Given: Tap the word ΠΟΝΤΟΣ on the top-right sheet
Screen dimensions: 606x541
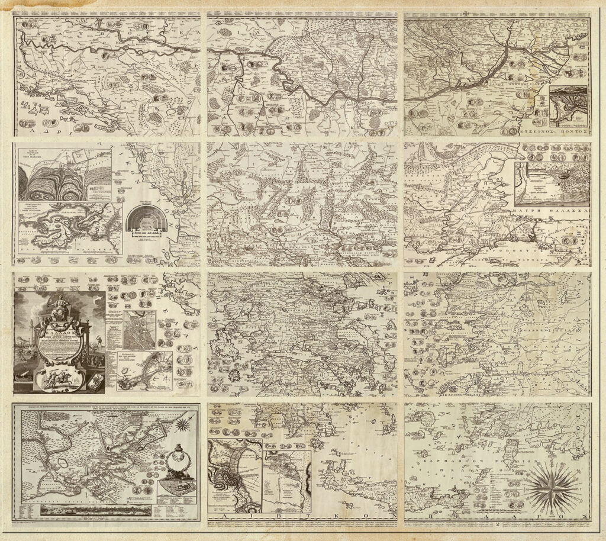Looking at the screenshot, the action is (572, 134).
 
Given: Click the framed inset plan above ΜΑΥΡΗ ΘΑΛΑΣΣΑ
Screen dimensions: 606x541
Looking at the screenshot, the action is (551, 183).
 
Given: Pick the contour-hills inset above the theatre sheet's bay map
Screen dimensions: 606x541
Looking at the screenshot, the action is (65, 175).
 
